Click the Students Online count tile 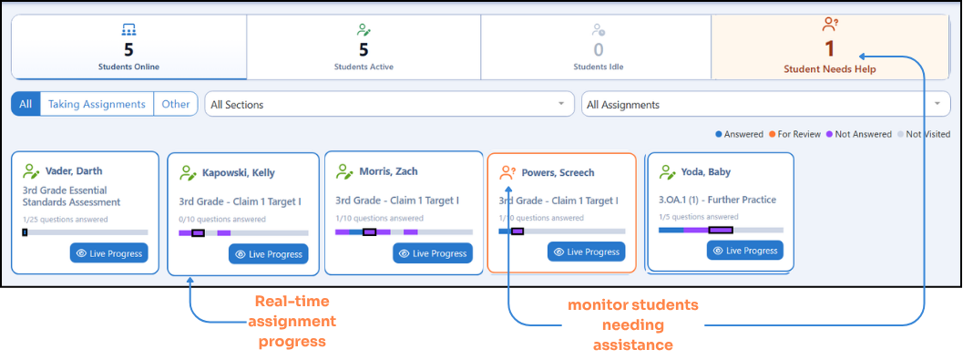(129, 47)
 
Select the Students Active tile (364, 47)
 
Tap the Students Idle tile (596, 47)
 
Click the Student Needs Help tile (830, 47)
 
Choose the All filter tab (26, 104)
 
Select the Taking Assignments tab (97, 104)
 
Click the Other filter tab (176, 104)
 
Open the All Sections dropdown (389, 105)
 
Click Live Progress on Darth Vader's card (108, 253)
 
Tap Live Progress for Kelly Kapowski (269, 254)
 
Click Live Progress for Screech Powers (587, 252)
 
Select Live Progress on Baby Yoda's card (745, 251)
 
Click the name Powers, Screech (558, 172)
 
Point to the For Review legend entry (795, 134)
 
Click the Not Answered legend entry (858, 134)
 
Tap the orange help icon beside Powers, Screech (507, 172)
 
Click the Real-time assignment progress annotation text (295, 322)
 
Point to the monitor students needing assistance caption (632, 325)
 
